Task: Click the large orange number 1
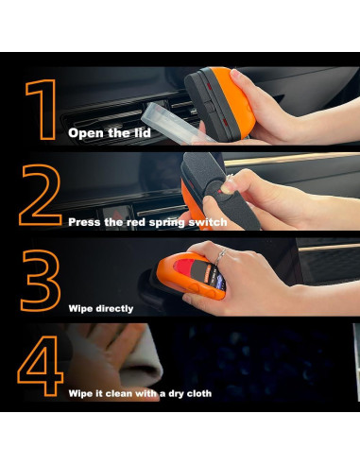[44, 110]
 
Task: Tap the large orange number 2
[40, 195]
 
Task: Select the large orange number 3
[41, 281]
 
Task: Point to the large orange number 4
[41, 366]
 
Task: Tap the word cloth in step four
[199, 393]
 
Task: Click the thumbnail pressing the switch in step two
[226, 188]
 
